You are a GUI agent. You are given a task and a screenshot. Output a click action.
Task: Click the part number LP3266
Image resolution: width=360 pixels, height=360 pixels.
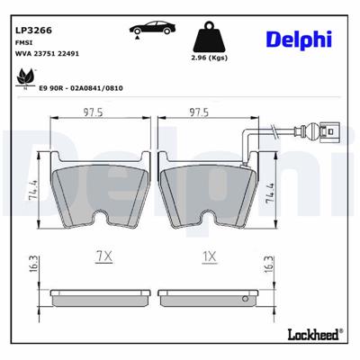pyautogui.click(x=34, y=30)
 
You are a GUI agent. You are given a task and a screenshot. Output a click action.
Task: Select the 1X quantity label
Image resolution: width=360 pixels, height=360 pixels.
pyautogui.click(x=209, y=256)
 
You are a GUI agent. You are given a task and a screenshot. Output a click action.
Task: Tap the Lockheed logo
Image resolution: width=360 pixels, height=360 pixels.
pyautogui.click(x=311, y=333)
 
